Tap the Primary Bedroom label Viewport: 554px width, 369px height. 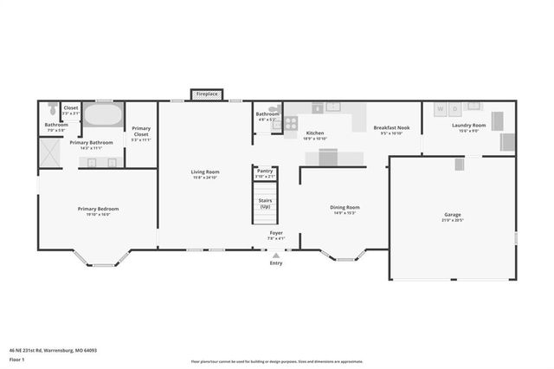tap(98, 209)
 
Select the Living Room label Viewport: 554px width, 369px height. tap(205, 172)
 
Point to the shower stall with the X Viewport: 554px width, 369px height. tap(50, 151)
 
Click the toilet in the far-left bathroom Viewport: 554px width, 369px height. tap(54, 109)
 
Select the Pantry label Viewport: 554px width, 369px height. tap(266, 171)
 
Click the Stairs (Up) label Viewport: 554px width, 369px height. tap(266, 203)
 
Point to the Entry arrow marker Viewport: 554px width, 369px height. tap(276, 255)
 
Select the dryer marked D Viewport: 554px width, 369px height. tap(454, 109)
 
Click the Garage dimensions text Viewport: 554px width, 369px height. tap(453, 221)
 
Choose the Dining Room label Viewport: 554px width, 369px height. tap(345, 207)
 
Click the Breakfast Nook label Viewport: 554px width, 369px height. tap(391, 127)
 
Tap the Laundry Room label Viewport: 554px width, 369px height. tap(468, 126)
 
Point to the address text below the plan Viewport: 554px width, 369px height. tap(53, 351)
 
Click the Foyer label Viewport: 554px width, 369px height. tap(276, 232)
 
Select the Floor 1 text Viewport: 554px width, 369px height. tap(16, 359)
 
